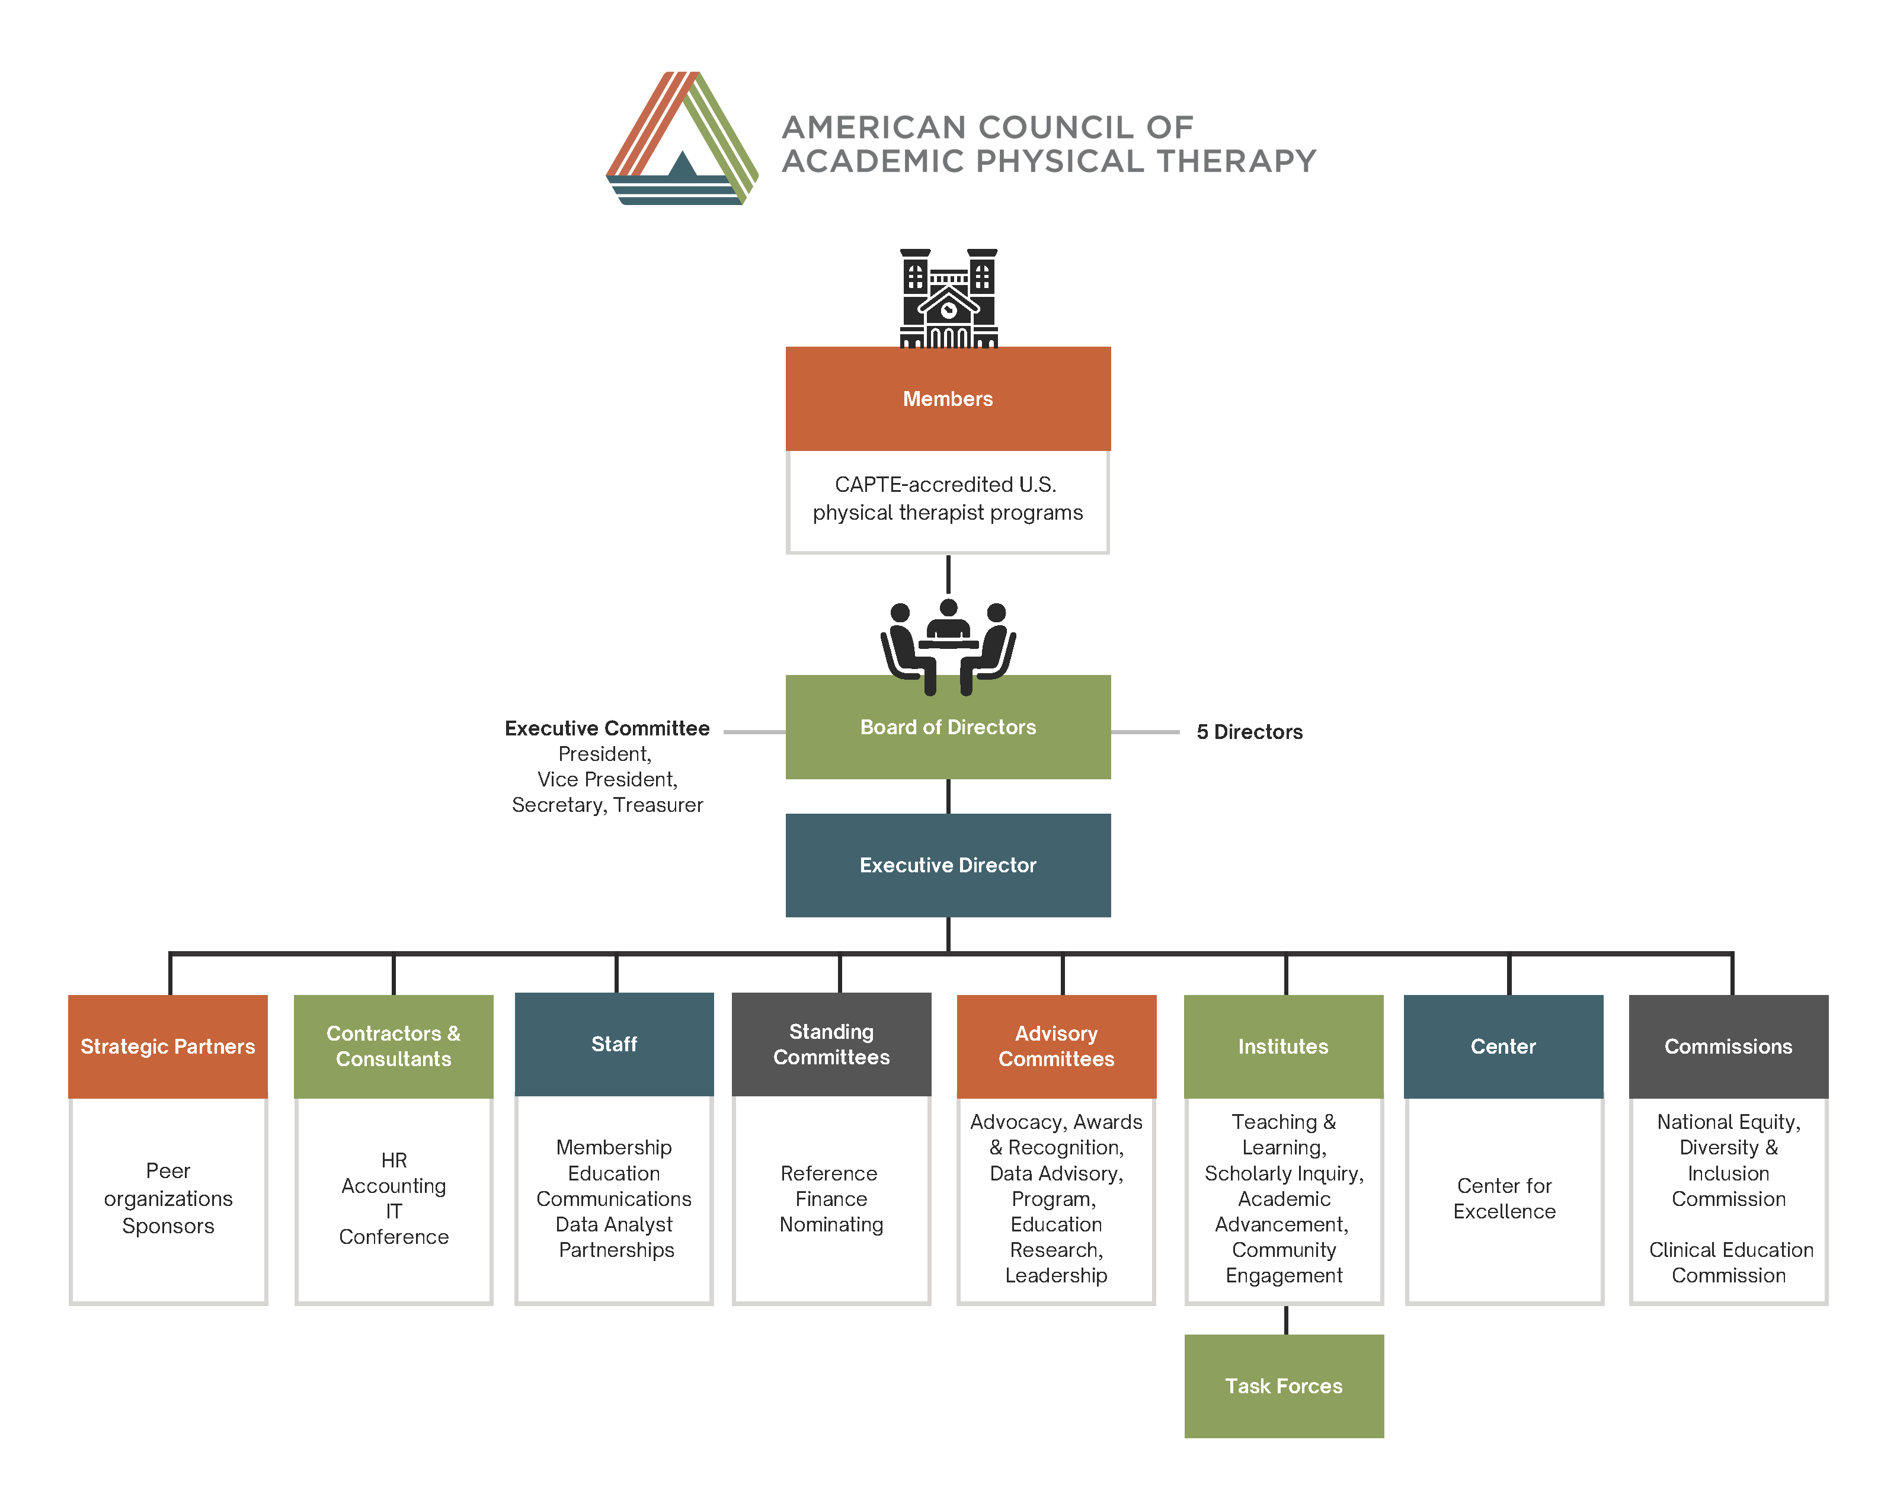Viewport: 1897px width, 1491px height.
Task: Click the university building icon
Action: (948, 299)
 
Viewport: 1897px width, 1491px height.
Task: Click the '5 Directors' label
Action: (1249, 732)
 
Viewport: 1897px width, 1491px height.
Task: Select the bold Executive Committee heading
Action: (607, 728)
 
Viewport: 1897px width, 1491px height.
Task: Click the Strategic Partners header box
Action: (168, 1046)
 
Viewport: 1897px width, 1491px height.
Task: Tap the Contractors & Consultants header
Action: (393, 1046)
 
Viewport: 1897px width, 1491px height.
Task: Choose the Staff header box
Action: (614, 1044)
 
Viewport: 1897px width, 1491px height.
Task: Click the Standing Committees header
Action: (831, 1044)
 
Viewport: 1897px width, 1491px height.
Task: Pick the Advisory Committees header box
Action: (1055, 1046)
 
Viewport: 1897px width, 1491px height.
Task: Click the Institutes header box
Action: (1282, 1046)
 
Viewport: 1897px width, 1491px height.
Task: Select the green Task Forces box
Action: (1283, 1386)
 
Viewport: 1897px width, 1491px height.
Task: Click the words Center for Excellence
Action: (1503, 1199)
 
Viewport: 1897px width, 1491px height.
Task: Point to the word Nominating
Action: (831, 1225)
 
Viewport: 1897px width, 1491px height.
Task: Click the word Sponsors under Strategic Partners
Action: (168, 1227)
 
